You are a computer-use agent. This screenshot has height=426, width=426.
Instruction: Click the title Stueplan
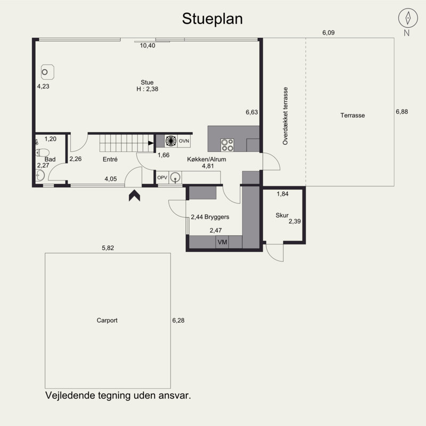pos(212,19)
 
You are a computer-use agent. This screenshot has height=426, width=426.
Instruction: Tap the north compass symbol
pos(407,18)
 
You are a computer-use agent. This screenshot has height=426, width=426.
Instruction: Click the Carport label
pos(107,321)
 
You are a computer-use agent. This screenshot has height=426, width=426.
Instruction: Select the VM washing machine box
pos(222,242)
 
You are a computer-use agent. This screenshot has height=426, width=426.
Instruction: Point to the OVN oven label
pos(184,141)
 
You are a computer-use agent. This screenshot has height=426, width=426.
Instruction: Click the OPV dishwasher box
pos(162,178)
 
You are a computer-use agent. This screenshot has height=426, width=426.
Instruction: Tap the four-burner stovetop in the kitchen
pos(227,144)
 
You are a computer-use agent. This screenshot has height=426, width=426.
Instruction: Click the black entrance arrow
pos(134,195)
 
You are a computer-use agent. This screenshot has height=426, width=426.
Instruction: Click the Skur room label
pos(282,215)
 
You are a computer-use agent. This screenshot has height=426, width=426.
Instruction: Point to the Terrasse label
pos(352,115)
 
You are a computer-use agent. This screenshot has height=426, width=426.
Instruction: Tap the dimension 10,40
pos(148,46)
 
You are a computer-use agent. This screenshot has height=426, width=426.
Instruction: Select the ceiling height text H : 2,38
pos(147,89)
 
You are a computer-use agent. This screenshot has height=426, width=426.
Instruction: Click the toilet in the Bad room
pos(38,153)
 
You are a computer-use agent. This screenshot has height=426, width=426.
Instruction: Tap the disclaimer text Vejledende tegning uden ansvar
pos(118,396)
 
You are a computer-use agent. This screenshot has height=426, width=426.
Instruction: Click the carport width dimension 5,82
pos(108,248)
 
